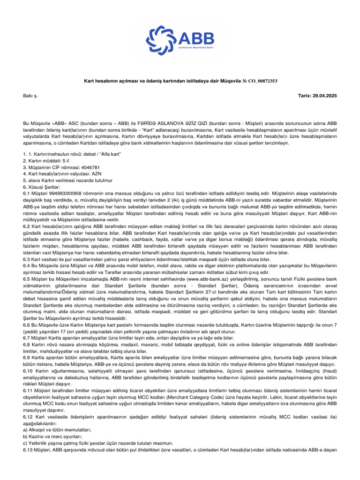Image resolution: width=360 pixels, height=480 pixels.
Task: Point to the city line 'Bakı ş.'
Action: (30, 96)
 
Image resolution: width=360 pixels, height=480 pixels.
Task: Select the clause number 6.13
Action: (29, 450)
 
